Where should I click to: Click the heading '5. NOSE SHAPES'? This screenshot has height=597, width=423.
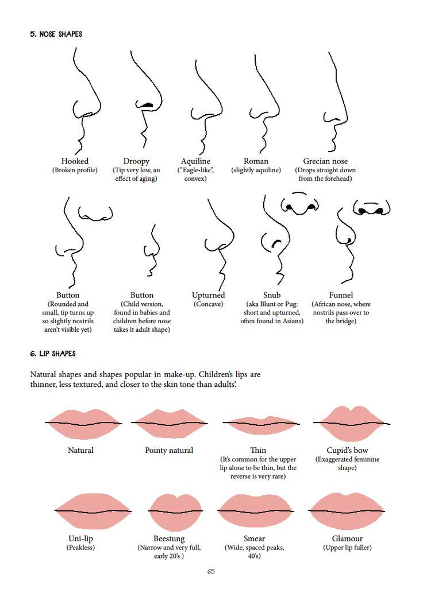pyautogui.click(x=56, y=34)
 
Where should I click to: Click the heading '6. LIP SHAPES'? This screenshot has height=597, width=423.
pyautogui.click(x=53, y=354)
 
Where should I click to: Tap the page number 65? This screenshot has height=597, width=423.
pyautogui.click(x=211, y=571)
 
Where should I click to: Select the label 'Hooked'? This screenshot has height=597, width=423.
pyautogui.click(x=75, y=161)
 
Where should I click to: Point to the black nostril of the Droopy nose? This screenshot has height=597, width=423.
pyautogui.click(x=147, y=103)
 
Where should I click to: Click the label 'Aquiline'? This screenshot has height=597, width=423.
pyautogui.click(x=195, y=161)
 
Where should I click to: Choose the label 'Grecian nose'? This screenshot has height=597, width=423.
pyautogui.click(x=325, y=161)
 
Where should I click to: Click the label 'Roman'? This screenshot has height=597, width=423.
pyautogui.click(x=256, y=161)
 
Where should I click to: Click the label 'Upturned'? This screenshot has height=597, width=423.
pyautogui.click(x=209, y=295)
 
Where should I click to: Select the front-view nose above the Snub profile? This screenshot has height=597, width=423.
pyautogui.click(x=299, y=204)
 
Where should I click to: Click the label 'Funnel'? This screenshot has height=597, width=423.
pyautogui.click(x=341, y=295)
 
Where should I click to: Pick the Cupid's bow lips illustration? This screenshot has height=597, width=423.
pyautogui.click(x=352, y=423)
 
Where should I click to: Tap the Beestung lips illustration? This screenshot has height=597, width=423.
pyautogui.click(x=175, y=511)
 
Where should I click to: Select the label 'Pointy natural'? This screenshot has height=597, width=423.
pyautogui.click(x=169, y=451)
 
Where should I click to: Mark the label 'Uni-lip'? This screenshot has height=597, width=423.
pyautogui.click(x=80, y=538)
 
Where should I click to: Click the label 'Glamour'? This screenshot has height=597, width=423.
pyautogui.click(x=347, y=538)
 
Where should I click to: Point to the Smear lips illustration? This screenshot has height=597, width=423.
pyautogui.click(x=255, y=511)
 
